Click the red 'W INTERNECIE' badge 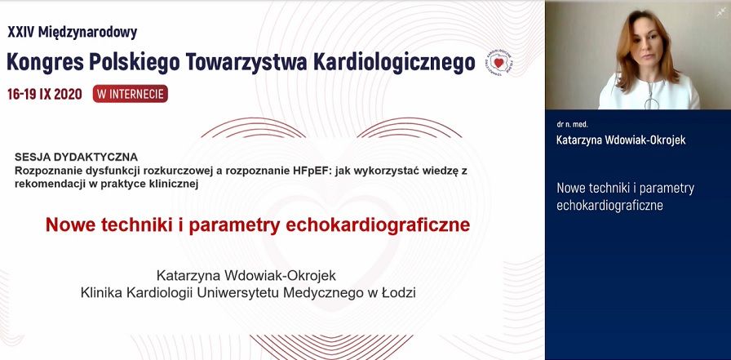coord(131,94)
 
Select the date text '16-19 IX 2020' coord(44,94)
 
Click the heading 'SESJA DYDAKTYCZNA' coord(76,156)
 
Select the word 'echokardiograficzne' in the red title coord(378,224)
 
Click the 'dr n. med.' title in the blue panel coord(572,124)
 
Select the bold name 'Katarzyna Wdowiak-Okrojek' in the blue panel coord(621,140)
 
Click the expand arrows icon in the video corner coord(720,12)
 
